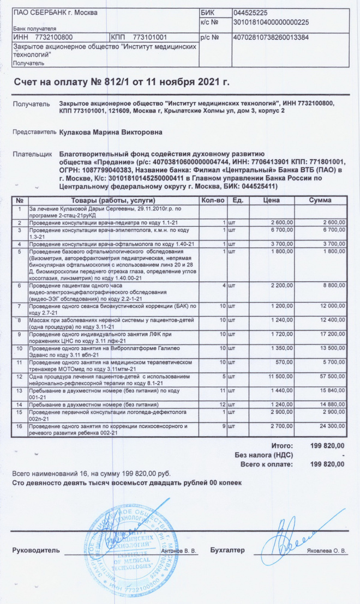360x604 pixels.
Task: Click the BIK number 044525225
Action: (250, 12)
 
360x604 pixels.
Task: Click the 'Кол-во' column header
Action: (213, 201)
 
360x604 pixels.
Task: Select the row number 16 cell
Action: (20, 426)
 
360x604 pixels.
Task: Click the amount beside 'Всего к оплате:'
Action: (327, 464)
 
